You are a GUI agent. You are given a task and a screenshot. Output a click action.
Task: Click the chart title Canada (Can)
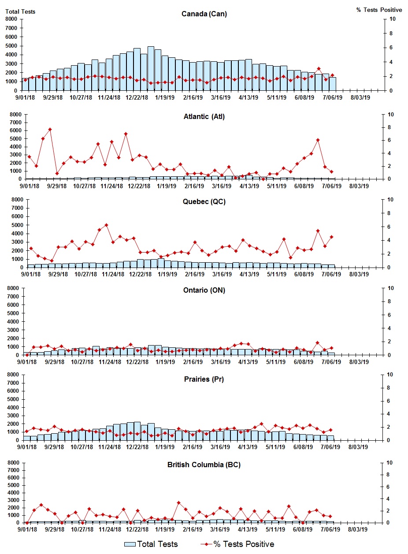point(204,14)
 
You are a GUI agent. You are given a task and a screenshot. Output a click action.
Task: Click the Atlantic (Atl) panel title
point(204,117)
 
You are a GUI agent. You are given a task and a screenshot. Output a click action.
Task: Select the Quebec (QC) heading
point(204,202)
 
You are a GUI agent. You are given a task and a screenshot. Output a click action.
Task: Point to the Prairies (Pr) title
point(204,379)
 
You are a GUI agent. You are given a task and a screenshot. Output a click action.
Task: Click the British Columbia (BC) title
point(204,465)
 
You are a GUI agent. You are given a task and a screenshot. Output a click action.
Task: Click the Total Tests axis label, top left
point(20,11)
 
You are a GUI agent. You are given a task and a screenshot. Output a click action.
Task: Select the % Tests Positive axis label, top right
point(379,10)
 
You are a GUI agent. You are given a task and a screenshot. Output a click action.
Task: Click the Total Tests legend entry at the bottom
point(151,544)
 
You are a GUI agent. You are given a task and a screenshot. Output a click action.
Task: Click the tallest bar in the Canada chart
point(151,68)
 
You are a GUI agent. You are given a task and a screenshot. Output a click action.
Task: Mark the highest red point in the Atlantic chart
point(50,130)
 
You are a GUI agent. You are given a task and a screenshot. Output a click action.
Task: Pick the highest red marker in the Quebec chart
point(106,225)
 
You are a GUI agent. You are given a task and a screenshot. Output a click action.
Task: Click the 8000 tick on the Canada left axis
point(11,19)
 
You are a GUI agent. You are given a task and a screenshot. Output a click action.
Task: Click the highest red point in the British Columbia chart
point(178,502)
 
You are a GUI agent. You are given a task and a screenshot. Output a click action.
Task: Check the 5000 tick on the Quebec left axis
point(11,225)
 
